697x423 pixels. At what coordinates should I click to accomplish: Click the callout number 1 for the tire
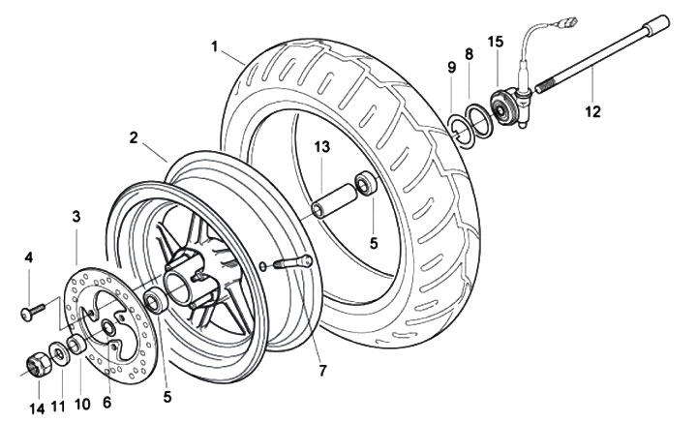coord(215,46)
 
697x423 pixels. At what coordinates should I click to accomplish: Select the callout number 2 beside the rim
coord(134,137)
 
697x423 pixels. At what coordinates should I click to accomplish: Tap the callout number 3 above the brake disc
coord(76,217)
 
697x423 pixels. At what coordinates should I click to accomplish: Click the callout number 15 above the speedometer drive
coord(496,42)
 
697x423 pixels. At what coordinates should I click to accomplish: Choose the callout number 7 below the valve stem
coord(322,370)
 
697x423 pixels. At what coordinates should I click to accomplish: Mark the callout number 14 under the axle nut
coord(38,408)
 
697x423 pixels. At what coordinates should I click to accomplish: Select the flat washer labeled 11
coord(59,353)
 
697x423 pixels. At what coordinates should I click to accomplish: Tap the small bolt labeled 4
coord(33,311)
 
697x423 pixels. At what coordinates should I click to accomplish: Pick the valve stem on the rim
coord(293,262)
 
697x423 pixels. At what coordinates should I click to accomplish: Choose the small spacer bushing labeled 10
coord(76,345)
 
